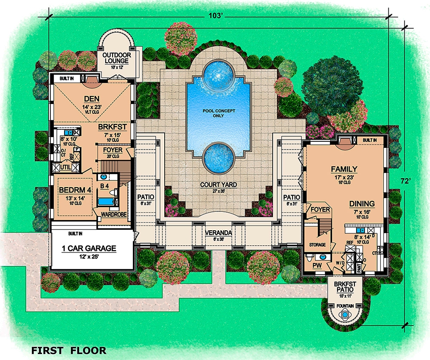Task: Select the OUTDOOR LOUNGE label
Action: [117, 58]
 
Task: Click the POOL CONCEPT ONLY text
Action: [218, 113]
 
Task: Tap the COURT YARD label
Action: [218, 185]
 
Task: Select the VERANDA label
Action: [218, 232]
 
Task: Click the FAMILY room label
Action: [344, 169]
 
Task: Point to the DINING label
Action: [362, 204]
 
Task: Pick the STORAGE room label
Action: [317, 245]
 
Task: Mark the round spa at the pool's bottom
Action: [218, 156]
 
